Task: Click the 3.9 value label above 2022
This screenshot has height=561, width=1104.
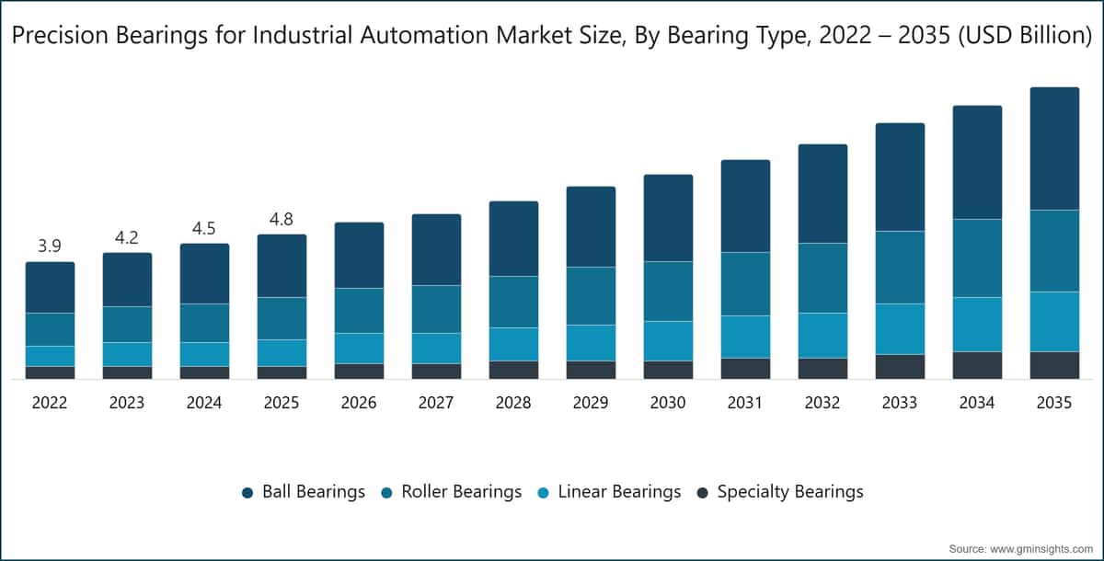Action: pyautogui.click(x=50, y=246)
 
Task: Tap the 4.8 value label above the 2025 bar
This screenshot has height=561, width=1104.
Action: pyautogui.click(x=282, y=219)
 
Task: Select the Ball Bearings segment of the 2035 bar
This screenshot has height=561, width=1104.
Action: pyautogui.click(x=1054, y=149)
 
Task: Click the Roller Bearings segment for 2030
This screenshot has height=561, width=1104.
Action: pyautogui.click(x=668, y=292)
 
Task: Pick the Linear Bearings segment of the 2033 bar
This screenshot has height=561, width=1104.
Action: pyautogui.click(x=900, y=329)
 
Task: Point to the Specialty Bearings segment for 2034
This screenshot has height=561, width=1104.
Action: pyautogui.click(x=977, y=365)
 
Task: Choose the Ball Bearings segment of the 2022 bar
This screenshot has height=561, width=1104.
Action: pyautogui.click(x=51, y=287)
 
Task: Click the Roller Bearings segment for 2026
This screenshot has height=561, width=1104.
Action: pyautogui.click(x=360, y=310)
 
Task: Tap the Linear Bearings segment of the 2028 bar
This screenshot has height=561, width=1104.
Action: pyautogui.click(x=513, y=344)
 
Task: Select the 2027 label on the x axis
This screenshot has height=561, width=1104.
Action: pyautogui.click(x=436, y=403)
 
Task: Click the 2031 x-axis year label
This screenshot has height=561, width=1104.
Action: pyautogui.click(x=745, y=403)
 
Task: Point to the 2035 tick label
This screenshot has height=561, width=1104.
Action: pyautogui.click(x=1054, y=403)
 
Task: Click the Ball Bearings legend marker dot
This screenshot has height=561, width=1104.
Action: pyautogui.click(x=247, y=493)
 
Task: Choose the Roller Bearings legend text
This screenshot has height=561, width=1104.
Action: pyautogui.click(x=461, y=491)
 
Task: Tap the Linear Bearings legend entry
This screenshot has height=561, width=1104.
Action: pyautogui.click(x=609, y=491)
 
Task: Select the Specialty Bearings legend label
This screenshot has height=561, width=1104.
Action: pyautogui.click(x=790, y=491)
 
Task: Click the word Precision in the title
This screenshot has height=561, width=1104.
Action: pyautogui.click(x=60, y=35)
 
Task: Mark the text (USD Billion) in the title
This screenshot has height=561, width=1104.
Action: pyautogui.click(x=1025, y=35)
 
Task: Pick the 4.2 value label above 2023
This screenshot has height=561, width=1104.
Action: pyautogui.click(x=127, y=238)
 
